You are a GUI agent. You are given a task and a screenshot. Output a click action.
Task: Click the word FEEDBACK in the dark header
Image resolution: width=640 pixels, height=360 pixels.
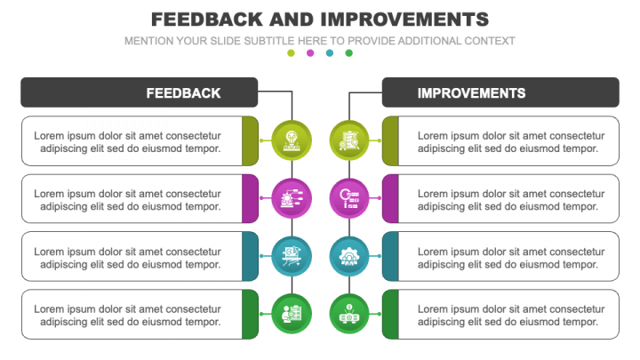tap(183, 92)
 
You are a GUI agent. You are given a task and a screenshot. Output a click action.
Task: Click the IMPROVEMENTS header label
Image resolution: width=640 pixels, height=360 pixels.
tap(471, 92)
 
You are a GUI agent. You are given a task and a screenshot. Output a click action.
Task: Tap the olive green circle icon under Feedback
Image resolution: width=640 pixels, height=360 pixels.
tap(292, 140)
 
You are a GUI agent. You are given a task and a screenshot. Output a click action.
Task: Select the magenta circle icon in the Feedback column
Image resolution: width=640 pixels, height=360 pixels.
tap(292, 198)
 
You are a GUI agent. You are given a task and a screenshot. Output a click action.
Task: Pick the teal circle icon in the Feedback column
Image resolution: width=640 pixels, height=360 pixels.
tap(292, 256)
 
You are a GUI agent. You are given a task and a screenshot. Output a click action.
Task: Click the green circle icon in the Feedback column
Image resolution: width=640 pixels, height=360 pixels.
tap(292, 314)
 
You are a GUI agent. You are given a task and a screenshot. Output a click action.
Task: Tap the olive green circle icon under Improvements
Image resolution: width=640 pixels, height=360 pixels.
tap(349, 140)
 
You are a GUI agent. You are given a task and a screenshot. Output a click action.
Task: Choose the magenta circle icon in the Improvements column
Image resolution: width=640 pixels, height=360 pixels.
tap(349, 198)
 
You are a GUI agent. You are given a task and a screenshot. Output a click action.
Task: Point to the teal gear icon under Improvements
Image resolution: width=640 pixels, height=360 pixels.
tap(349, 256)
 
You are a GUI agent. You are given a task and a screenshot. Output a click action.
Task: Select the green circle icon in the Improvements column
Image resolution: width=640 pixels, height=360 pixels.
tap(349, 314)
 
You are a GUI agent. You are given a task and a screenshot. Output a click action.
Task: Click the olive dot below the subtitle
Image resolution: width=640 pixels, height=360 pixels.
tap(291, 53)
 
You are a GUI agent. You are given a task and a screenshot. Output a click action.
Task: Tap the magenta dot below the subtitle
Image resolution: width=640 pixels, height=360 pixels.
tap(310, 53)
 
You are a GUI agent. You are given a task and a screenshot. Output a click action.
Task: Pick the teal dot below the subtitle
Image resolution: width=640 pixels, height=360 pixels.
tap(330, 53)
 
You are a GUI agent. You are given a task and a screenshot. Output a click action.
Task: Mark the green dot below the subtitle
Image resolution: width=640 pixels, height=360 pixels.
tap(349, 53)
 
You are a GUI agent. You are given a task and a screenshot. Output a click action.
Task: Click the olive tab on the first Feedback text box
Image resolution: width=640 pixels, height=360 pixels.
tap(250, 140)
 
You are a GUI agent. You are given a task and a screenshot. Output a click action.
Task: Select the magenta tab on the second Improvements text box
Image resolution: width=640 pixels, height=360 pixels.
tap(390, 198)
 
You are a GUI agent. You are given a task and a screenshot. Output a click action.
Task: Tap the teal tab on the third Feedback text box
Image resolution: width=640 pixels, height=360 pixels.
tap(250, 256)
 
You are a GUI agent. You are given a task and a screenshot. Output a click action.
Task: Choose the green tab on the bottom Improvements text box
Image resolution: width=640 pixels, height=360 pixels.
tap(390, 314)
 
